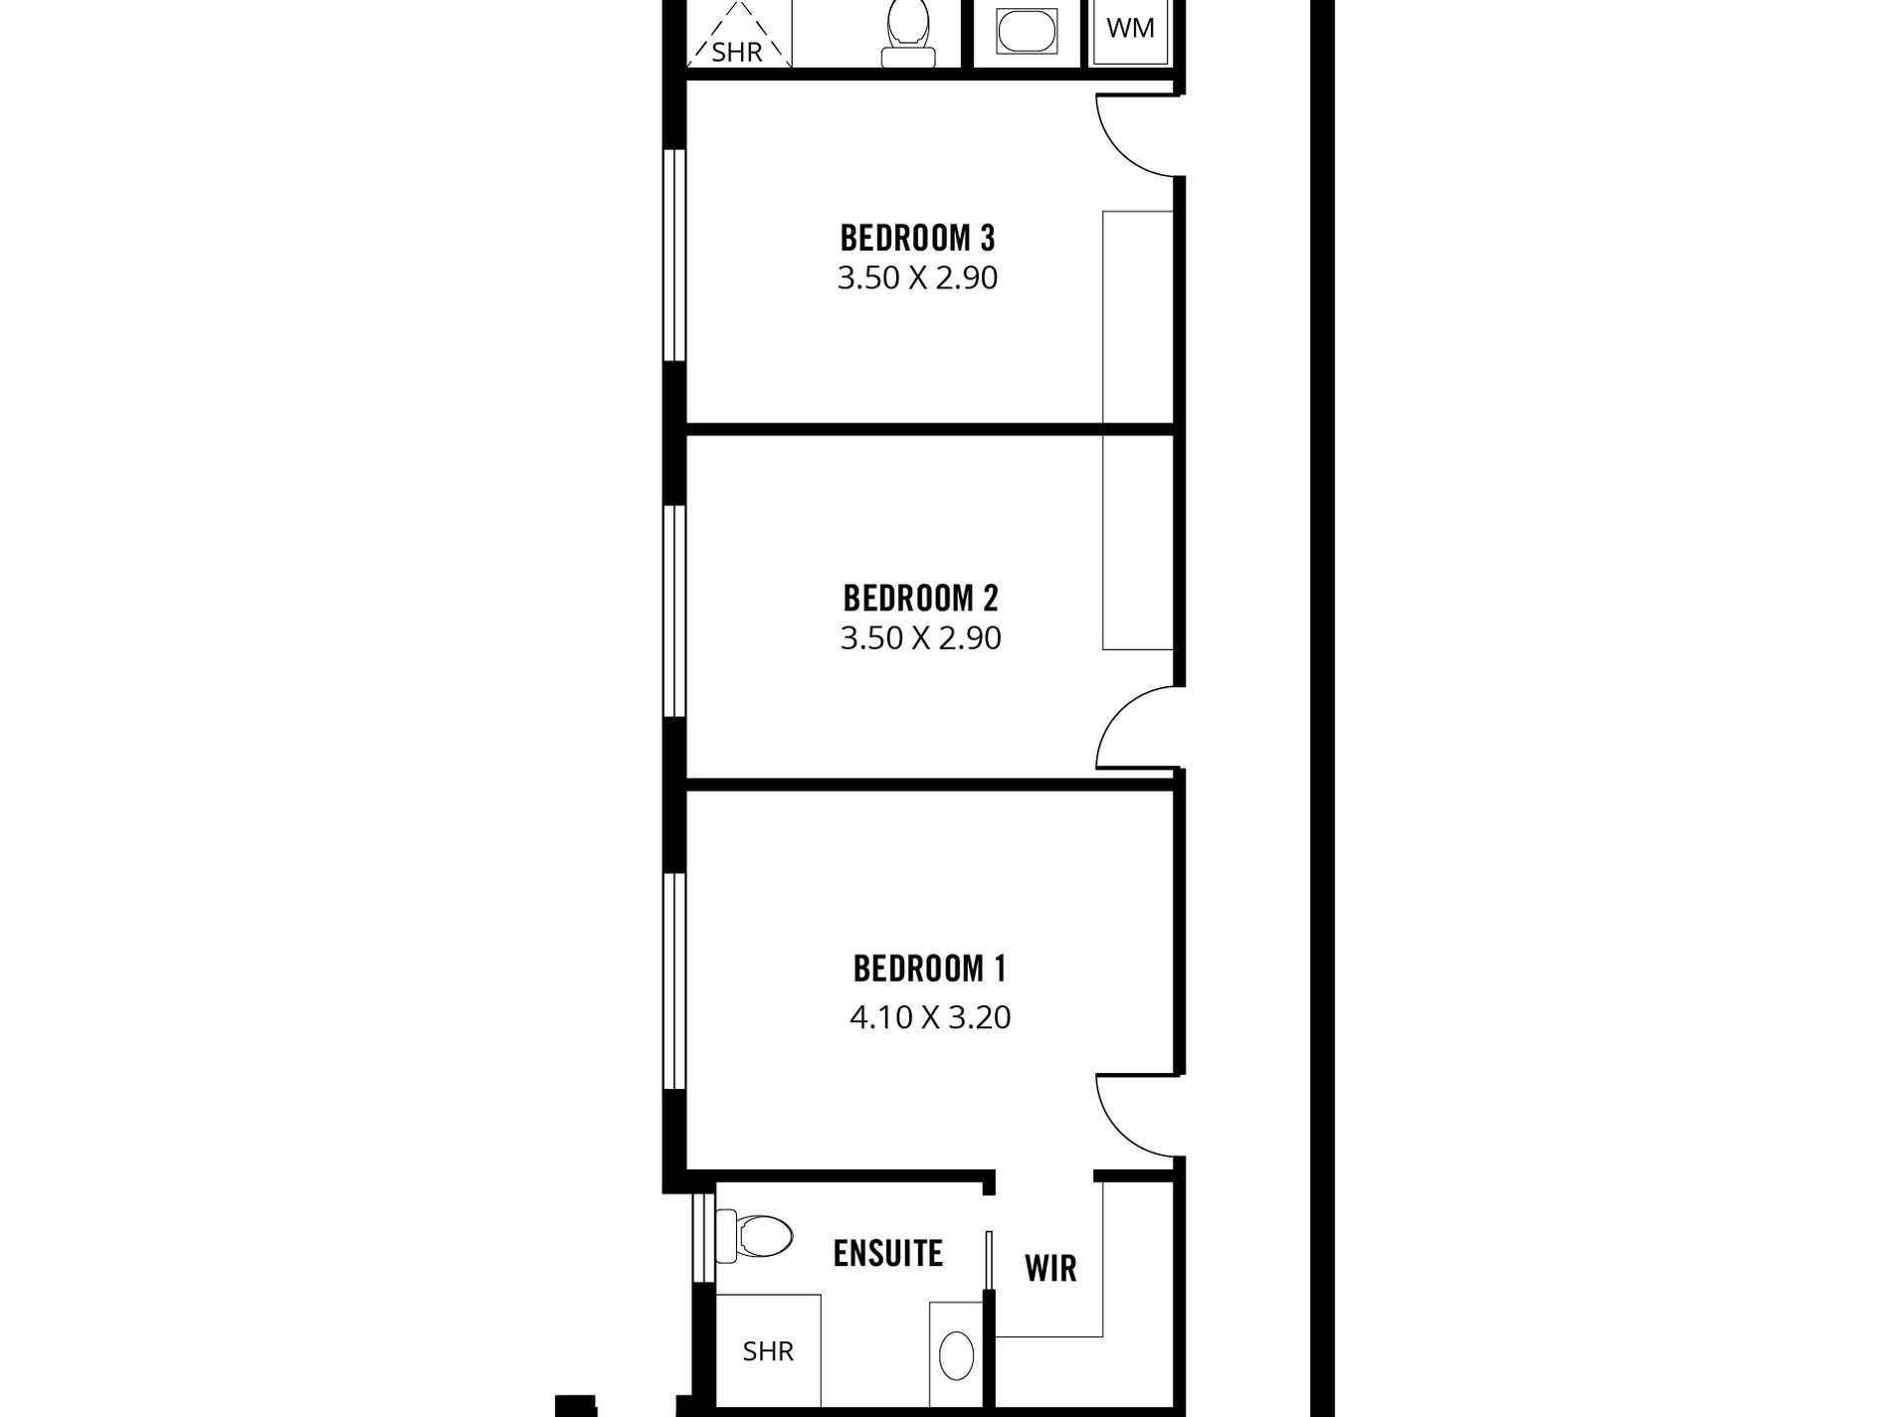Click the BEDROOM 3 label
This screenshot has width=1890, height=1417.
(x=917, y=239)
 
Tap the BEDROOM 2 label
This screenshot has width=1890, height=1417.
(x=920, y=599)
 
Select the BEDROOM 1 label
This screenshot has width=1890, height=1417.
(x=929, y=969)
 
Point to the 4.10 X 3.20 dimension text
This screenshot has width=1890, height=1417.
(x=930, y=1017)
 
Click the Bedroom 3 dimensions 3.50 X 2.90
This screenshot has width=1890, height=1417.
(x=917, y=277)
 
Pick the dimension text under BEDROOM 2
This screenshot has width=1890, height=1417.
(x=920, y=637)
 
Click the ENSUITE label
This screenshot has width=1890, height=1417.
(x=887, y=1254)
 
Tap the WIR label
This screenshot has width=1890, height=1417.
(x=1050, y=1269)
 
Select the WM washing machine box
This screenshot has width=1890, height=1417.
(x=1130, y=30)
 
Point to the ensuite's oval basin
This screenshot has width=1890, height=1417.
(x=956, y=1356)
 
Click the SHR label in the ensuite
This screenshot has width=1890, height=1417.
(x=768, y=1351)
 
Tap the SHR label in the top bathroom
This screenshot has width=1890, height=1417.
(x=737, y=52)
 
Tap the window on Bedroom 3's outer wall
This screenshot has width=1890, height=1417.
(x=675, y=255)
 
